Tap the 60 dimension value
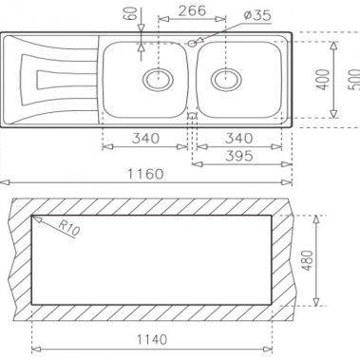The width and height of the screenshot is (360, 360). point(128,15)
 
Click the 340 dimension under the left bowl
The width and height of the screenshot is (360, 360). point(144,139)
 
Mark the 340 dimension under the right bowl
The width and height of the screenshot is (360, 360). point(240,139)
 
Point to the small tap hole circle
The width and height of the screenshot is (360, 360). point(193,43)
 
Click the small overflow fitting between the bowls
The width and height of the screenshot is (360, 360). point(192,116)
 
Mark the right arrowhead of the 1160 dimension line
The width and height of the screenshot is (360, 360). point(289,182)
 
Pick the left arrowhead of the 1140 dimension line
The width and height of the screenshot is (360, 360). point(36,348)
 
